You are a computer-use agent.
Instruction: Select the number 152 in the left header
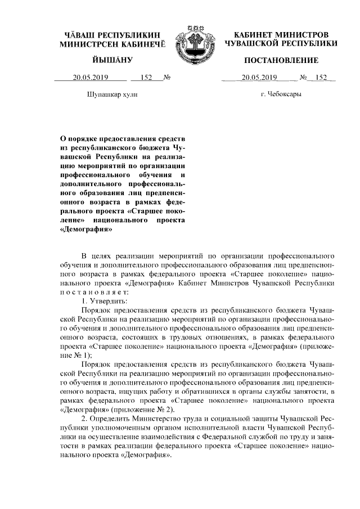coord(147,78)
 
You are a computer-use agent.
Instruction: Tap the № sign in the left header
coord(166,78)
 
